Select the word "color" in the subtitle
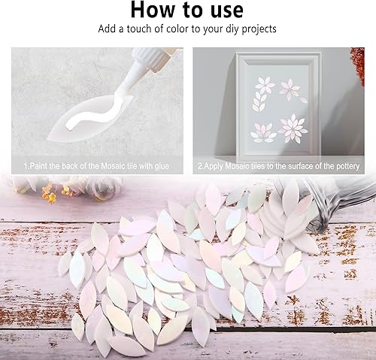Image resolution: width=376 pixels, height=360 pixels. [171, 30]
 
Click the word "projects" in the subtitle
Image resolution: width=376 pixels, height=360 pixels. [258, 30]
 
